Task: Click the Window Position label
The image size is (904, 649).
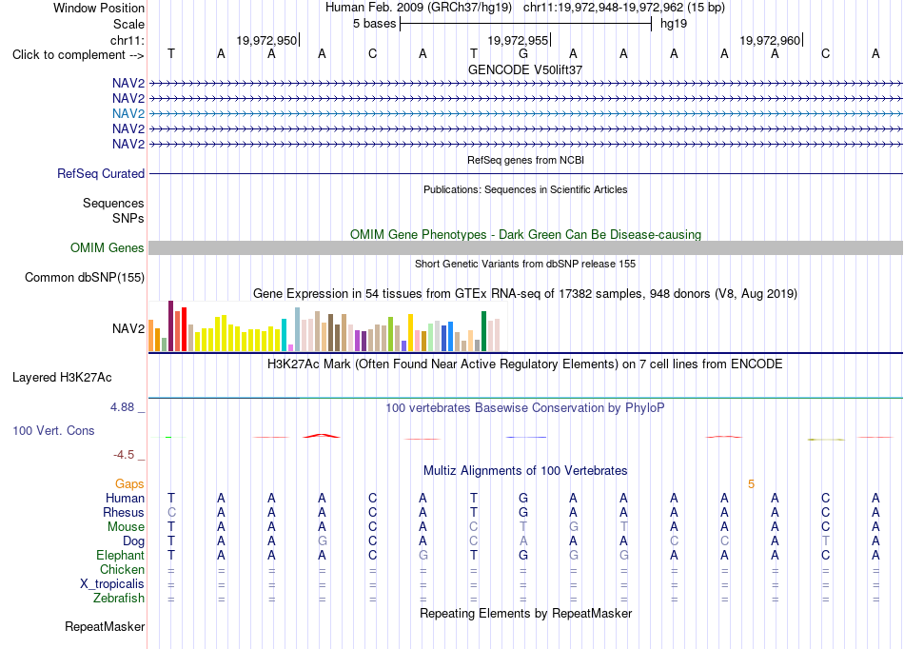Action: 99,8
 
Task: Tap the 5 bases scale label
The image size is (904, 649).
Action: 375,24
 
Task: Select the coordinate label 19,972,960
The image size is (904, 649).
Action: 770,40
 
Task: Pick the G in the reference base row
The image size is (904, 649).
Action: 523,53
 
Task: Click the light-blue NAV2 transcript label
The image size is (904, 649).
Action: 128,113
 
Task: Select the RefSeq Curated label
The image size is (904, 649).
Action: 101,173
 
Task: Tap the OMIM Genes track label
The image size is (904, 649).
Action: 108,247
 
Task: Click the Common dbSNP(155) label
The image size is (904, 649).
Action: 84,277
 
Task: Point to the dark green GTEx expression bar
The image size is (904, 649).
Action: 483,331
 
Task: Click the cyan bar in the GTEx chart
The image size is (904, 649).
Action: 284,335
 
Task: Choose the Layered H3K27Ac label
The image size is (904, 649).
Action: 62,378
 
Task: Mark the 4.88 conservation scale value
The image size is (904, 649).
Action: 122,407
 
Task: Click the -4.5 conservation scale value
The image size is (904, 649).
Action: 124,455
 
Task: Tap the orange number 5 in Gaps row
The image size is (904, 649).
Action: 751,484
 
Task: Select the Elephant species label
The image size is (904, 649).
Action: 120,555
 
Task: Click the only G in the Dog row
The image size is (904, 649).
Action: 323,541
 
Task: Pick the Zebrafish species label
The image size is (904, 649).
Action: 119,599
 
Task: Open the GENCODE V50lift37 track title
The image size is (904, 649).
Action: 525,69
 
